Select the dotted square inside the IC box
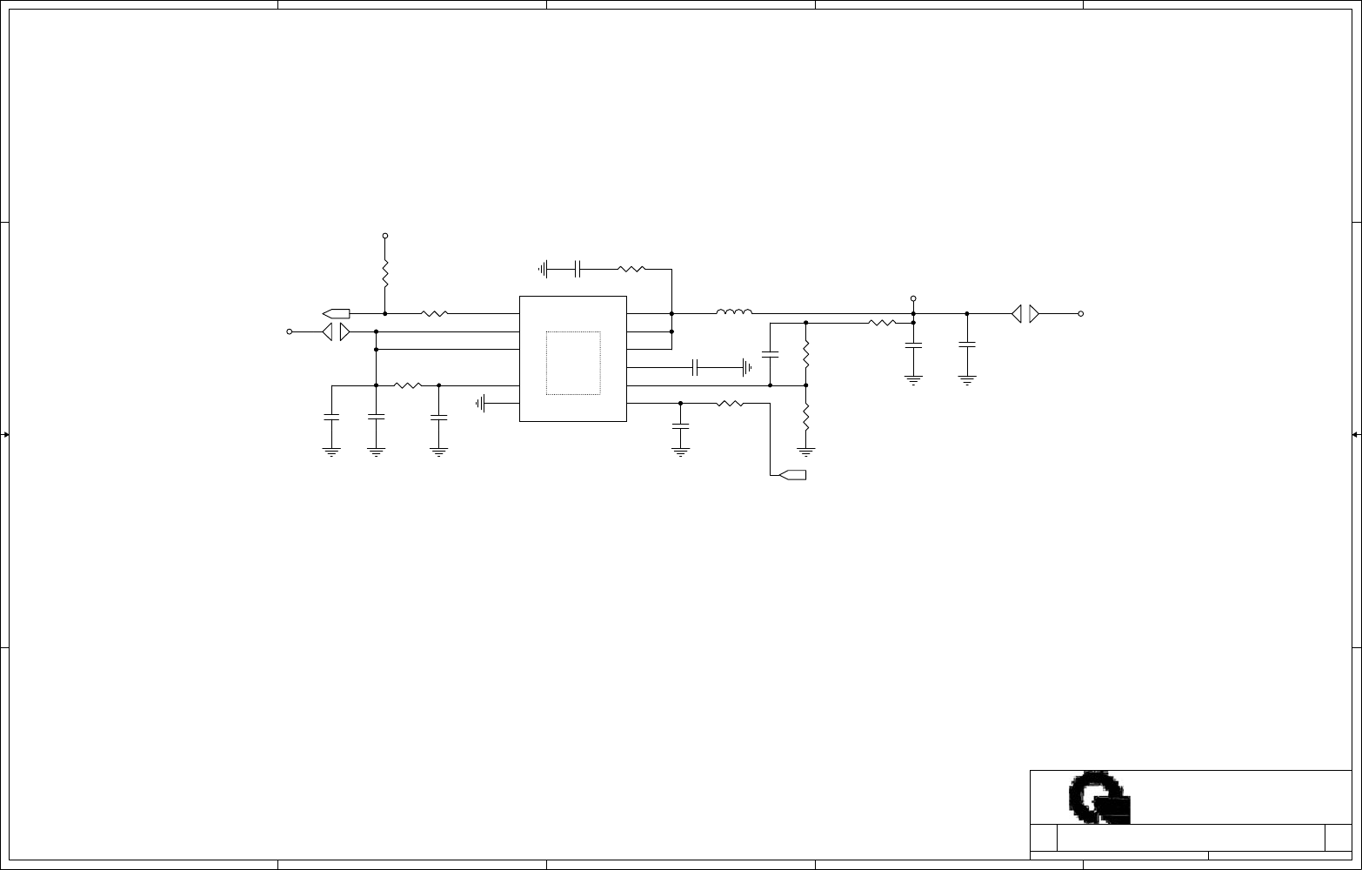click(573, 363)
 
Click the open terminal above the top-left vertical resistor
click(385, 236)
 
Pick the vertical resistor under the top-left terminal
click(385, 274)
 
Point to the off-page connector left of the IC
click(336, 313)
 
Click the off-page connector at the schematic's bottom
click(792, 474)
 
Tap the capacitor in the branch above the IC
click(578, 270)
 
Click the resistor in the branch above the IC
click(631, 270)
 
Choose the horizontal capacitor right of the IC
click(695, 367)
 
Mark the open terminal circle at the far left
click(290, 331)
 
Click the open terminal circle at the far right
click(1081, 313)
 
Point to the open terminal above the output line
click(913, 298)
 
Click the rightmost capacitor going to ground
click(967, 345)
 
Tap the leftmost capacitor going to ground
click(330, 418)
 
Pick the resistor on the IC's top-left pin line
click(434, 313)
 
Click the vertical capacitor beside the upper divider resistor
click(770, 354)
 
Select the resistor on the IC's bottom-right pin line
click(730, 403)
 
